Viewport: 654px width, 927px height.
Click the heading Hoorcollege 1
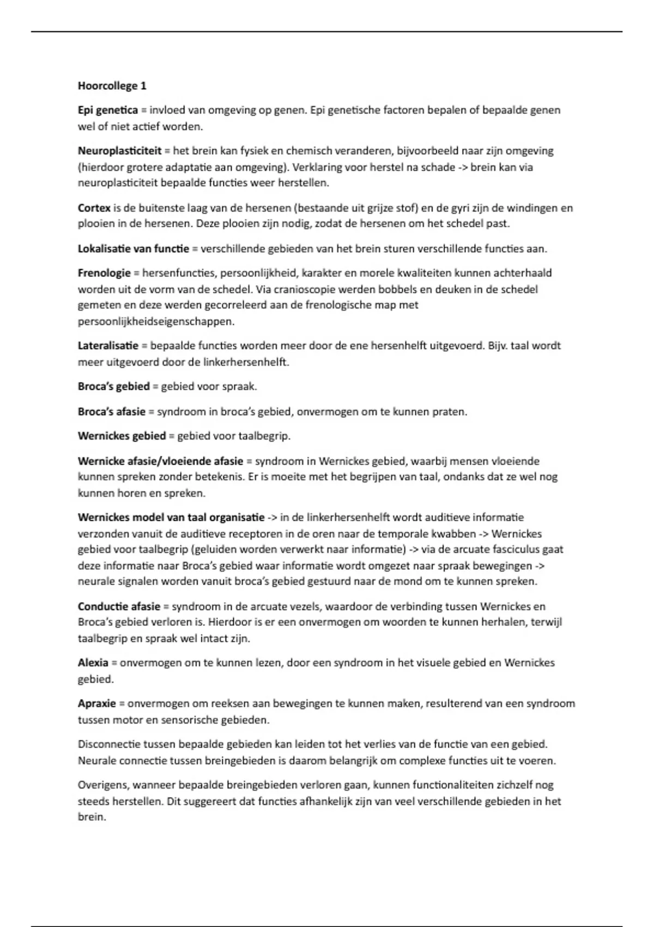point(112,86)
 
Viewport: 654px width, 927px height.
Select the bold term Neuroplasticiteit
point(120,151)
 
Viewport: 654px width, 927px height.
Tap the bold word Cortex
point(94,208)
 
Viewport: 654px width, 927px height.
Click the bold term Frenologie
point(104,273)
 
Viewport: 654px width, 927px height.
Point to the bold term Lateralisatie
point(108,346)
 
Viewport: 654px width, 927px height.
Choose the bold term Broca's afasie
point(111,412)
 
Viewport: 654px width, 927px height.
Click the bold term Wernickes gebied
point(122,436)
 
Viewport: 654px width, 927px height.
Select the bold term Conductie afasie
point(119,606)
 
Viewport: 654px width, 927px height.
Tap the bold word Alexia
point(93,663)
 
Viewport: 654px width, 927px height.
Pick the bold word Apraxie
point(97,703)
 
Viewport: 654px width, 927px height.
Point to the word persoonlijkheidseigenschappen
point(156,322)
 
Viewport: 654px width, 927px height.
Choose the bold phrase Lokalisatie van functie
point(133,249)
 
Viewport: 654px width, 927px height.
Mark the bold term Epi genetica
point(107,110)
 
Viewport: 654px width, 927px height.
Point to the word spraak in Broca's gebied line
point(239,387)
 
